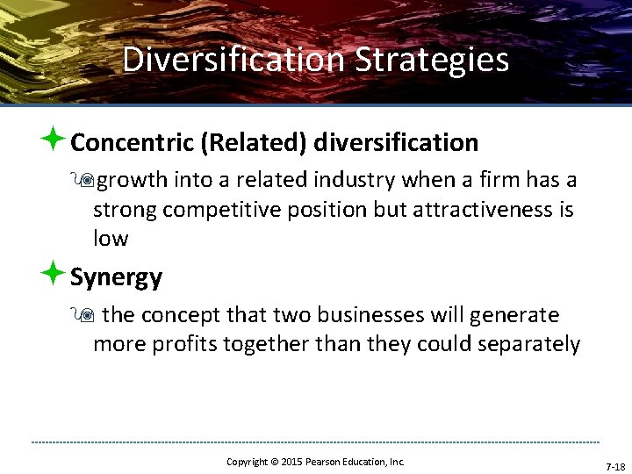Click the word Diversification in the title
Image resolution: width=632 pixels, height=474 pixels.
pyautogui.click(x=233, y=60)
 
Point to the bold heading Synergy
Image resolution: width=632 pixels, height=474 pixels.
pyautogui.click(x=116, y=277)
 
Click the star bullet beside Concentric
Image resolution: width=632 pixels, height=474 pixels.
pyautogui.click(x=52, y=139)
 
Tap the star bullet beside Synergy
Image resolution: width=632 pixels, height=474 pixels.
pyautogui.click(x=52, y=274)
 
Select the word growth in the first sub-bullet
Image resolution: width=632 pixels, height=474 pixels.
pyautogui.click(x=133, y=181)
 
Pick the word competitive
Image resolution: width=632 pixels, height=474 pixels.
pyautogui.click(x=220, y=210)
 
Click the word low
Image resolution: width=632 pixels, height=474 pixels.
pyautogui.click(x=111, y=238)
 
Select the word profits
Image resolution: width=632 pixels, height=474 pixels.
pyautogui.click(x=184, y=344)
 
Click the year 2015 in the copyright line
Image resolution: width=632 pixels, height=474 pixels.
pyautogui.click(x=292, y=462)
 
